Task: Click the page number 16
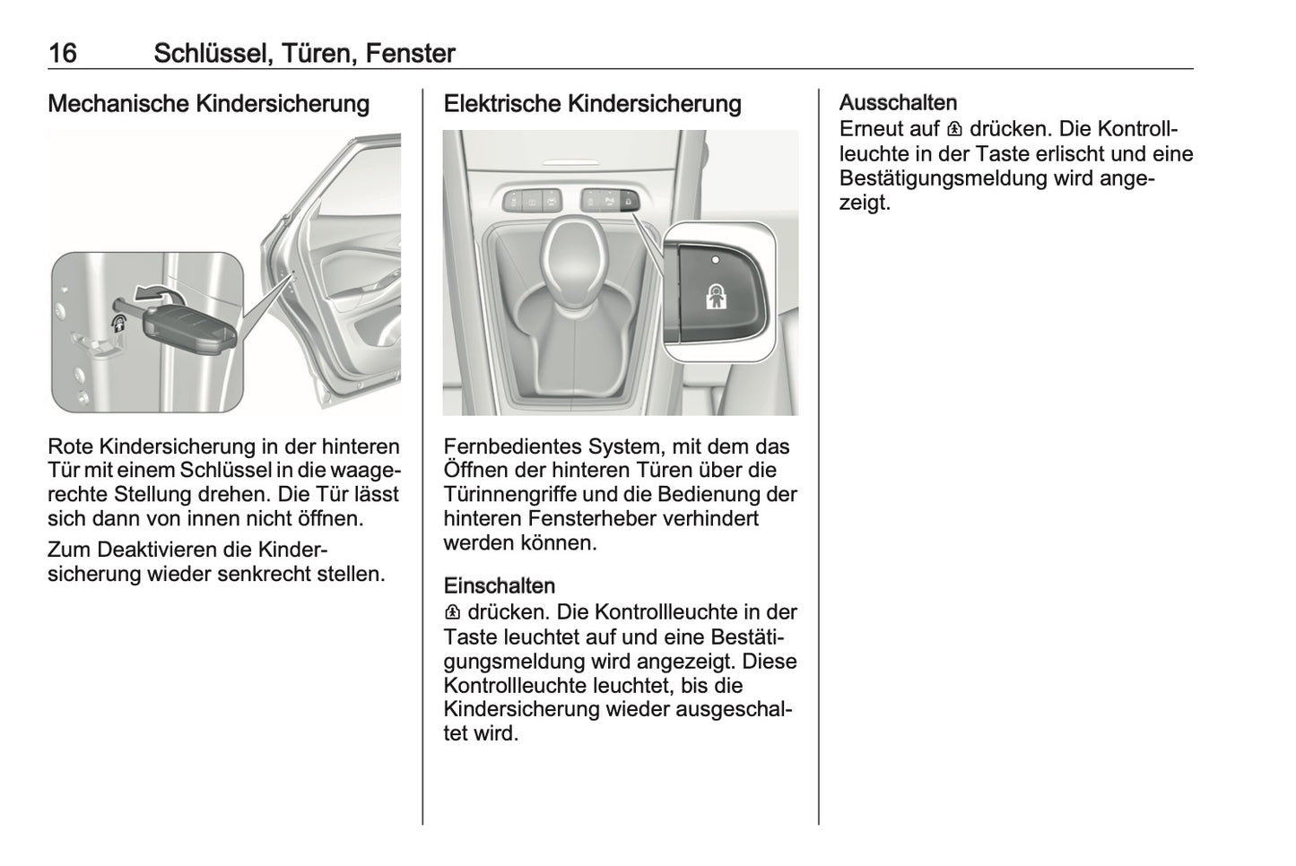(62, 54)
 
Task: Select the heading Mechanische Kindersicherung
(208, 104)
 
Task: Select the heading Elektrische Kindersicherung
(592, 104)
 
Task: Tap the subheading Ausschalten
(898, 103)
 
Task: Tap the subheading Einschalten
(499, 586)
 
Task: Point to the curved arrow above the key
(160, 292)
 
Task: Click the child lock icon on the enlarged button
(714, 297)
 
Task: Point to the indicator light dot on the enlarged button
(715, 260)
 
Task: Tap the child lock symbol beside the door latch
(118, 325)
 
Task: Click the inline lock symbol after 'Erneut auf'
(953, 130)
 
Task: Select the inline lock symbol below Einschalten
(452, 613)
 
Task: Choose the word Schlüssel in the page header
(211, 54)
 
